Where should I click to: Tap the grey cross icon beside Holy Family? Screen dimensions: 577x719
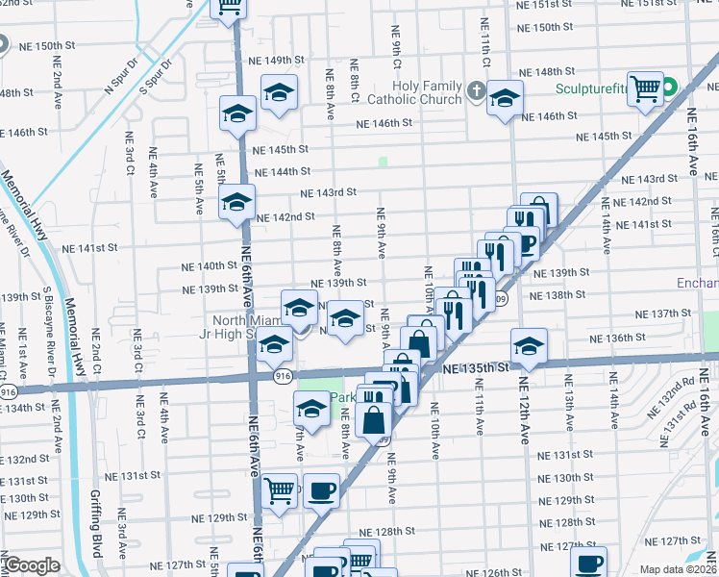(476, 92)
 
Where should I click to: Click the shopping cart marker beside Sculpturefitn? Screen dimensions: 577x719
(645, 88)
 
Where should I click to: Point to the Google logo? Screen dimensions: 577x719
(31, 565)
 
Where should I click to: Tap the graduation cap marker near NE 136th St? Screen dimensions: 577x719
(528, 345)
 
